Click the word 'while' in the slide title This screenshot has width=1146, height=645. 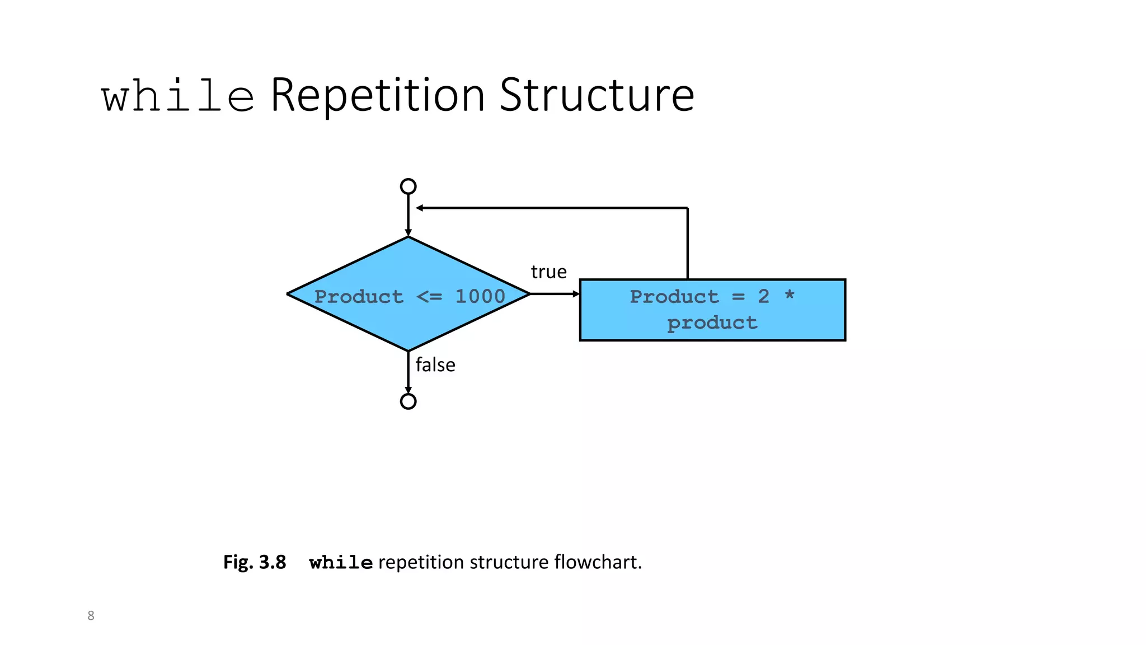[x=178, y=96]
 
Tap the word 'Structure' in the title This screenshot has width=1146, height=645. [x=597, y=95]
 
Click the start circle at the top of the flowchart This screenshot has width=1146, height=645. [x=408, y=186]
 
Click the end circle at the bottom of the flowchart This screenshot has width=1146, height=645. [x=408, y=401]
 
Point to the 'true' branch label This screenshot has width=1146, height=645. [x=548, y=272]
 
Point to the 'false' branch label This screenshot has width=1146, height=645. [x=435, y=364]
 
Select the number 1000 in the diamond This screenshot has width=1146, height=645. [x=480, y=296]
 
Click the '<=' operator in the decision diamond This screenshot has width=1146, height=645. [x=429, y=297]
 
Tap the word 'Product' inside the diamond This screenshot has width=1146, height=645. [x=359, y=296]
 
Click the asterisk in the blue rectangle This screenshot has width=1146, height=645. [x=789, y=295]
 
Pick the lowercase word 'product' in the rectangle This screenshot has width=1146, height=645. [x=712, y=323]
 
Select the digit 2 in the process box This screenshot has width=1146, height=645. [x=763, y=296]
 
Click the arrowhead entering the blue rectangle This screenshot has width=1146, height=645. [x=576, y=293]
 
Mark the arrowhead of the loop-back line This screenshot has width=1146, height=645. [x=420, y=208]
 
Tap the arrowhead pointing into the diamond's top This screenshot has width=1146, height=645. [x=408, y=233]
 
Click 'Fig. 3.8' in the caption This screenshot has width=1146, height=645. [x=255, y=562]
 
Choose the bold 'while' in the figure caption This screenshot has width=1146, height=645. [x=341, y=562]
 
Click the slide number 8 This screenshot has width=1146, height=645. [x=91, y=615]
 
